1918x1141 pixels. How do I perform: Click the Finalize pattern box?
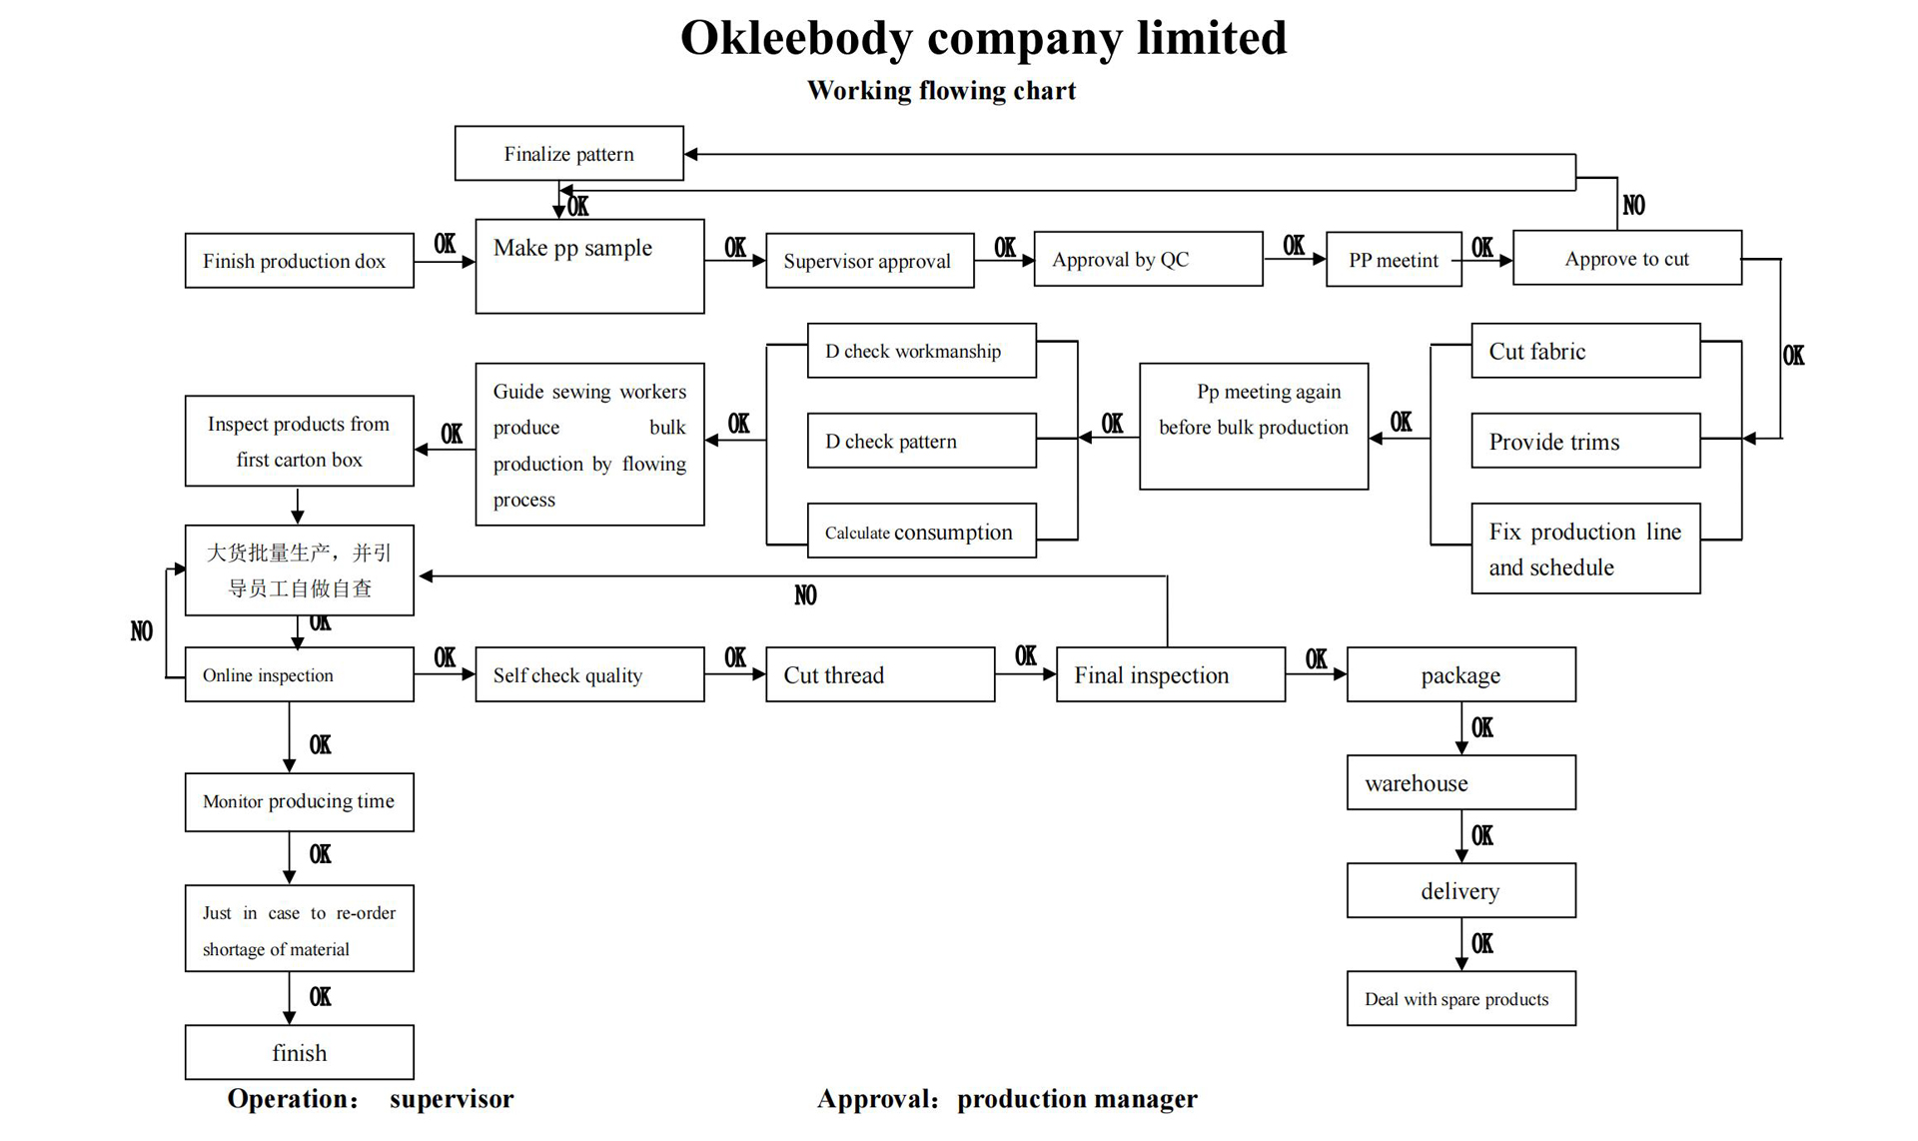[568, 153]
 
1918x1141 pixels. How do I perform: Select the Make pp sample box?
[589, 266]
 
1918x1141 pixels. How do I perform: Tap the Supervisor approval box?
[869, 261]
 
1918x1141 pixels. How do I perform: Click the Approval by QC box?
[1148, 259]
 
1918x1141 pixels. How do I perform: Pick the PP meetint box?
[1394, 260]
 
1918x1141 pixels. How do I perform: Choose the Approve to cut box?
[1626, 258]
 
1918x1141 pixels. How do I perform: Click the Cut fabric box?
[1585, 351]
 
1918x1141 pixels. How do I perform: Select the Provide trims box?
[1585, 441]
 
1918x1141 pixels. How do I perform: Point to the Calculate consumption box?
[921, 531]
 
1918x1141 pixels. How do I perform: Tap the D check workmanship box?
[921, 351]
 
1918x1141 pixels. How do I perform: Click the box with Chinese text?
[299, 570]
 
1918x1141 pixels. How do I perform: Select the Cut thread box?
[879, 674]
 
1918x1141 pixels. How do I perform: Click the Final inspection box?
[1170, 674]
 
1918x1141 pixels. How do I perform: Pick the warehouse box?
[1460, 782]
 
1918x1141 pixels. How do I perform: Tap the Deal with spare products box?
[1460, 998]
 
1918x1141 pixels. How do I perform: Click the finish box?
[299, 1052]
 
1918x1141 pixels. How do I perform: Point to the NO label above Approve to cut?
[1633, 206]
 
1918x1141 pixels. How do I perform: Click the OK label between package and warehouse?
[1482, 728]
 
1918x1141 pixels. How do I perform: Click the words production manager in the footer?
[1077, 1099]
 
